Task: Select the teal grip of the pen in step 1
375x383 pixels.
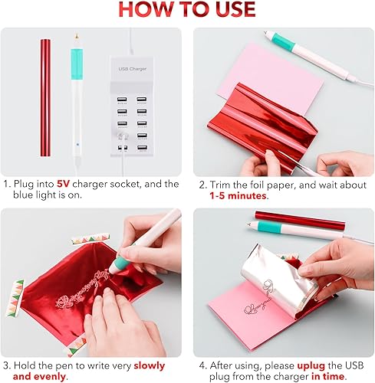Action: (x=76, y=61)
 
